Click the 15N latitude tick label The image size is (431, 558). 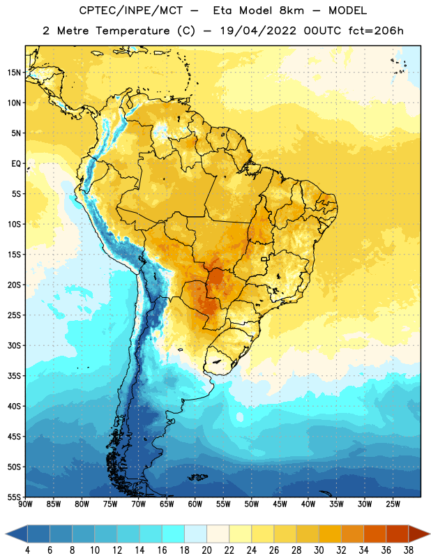[x=14, y=73]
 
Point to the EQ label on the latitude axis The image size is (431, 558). [x=16, y=164]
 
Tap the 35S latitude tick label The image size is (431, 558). [x=14, y=376]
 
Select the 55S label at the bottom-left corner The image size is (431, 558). [x=14, y=497]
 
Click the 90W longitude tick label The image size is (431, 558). [x=25, y=504]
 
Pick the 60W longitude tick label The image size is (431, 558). [x=195, y=504]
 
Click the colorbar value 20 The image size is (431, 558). [x=206, y=550]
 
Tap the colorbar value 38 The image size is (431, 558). [x=409, y=550]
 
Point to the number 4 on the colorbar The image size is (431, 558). [x=27, y=550]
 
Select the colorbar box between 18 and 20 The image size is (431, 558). [x=195, y=534]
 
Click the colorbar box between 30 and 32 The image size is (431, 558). [x=330, y=534]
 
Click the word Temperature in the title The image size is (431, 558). [x=133, y=31]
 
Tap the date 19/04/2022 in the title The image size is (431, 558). [x=258, y=31]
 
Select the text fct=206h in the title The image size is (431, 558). [x=376, y=31]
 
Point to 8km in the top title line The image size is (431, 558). [x=292, y=10]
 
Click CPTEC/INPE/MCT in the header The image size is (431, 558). [x=130, y=10]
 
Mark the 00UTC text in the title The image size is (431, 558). [x=322, y=31]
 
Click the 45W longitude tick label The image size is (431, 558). [x=280, y=504]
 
